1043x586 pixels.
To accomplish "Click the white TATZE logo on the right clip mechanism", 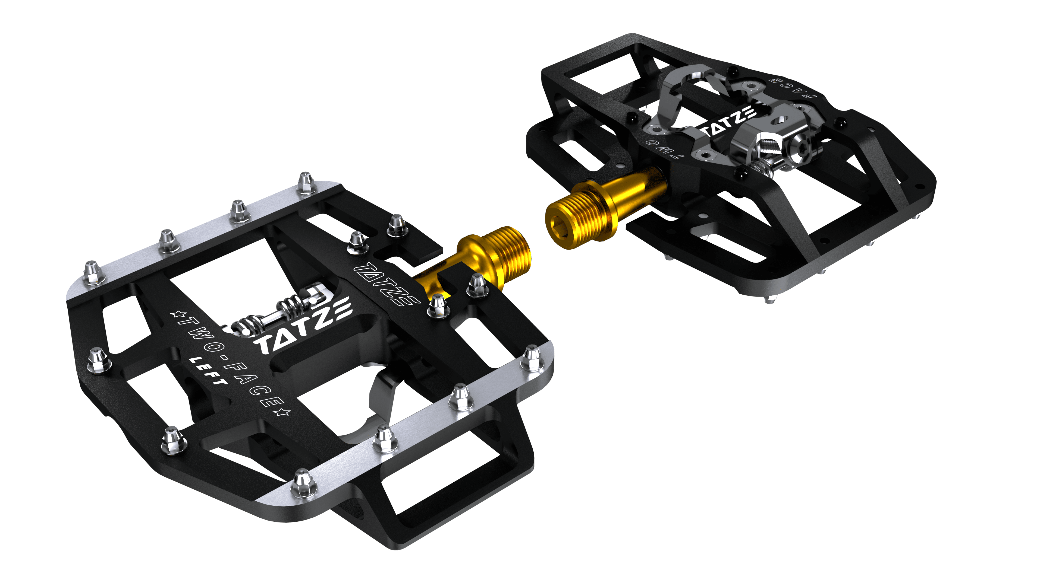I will tap(728, 121).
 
